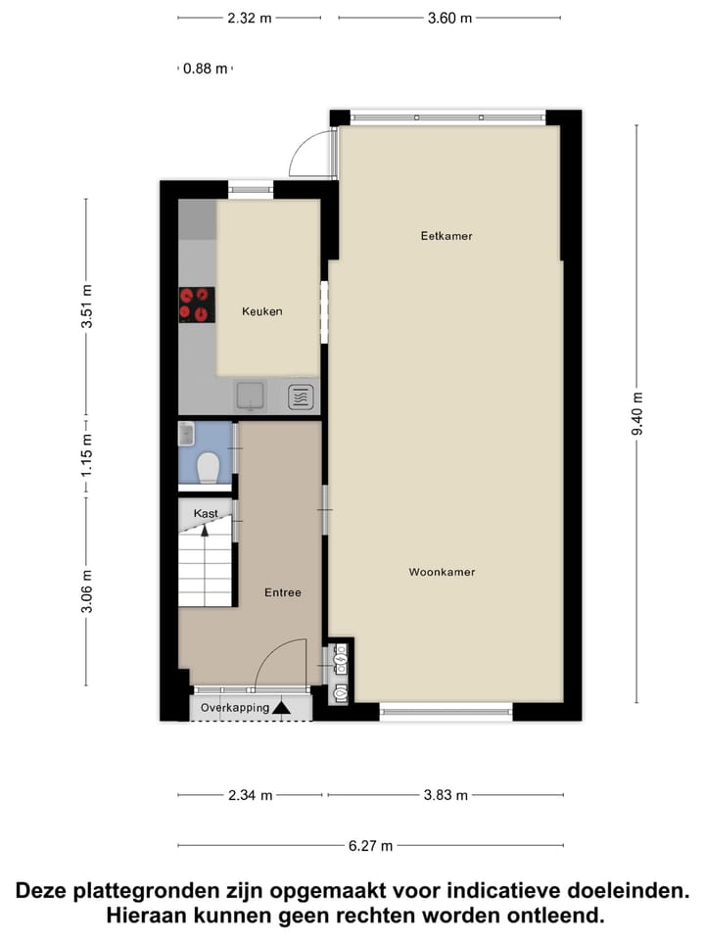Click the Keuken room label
tap(262, 311)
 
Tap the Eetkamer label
tap(440, 236)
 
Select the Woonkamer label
tap(442, 572)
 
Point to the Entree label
tap(283, 592)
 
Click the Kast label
tap(206, 513)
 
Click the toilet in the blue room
tap(208, 469)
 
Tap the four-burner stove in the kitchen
tap(196, 305)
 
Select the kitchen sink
tap(251, 396)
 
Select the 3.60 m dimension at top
tap(449, 18)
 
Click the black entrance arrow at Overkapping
tap(282, 707)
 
